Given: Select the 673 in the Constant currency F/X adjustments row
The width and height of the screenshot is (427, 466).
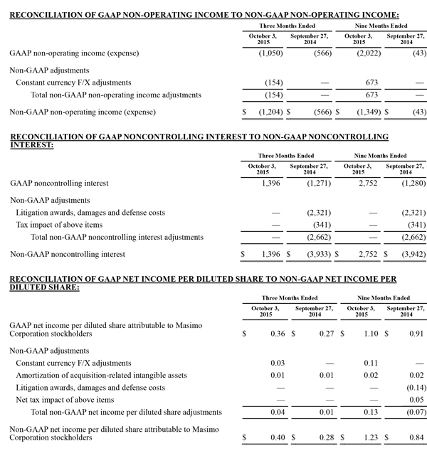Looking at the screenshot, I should pos(363,83).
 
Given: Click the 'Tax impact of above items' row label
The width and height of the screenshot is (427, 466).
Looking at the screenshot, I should pos(60,225).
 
